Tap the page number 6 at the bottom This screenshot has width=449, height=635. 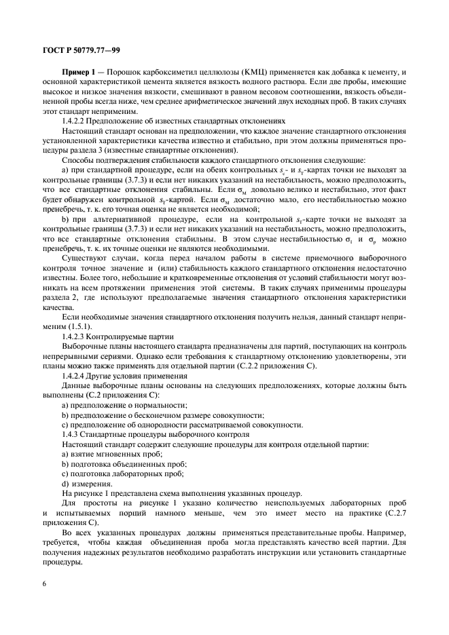coord(45,584)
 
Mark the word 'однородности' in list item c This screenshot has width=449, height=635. coord(155,424)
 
